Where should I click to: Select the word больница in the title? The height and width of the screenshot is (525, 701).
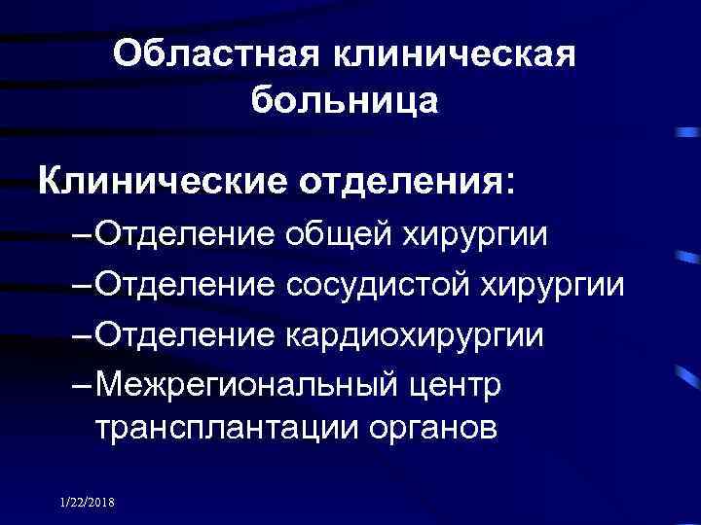tap(345, 99)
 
